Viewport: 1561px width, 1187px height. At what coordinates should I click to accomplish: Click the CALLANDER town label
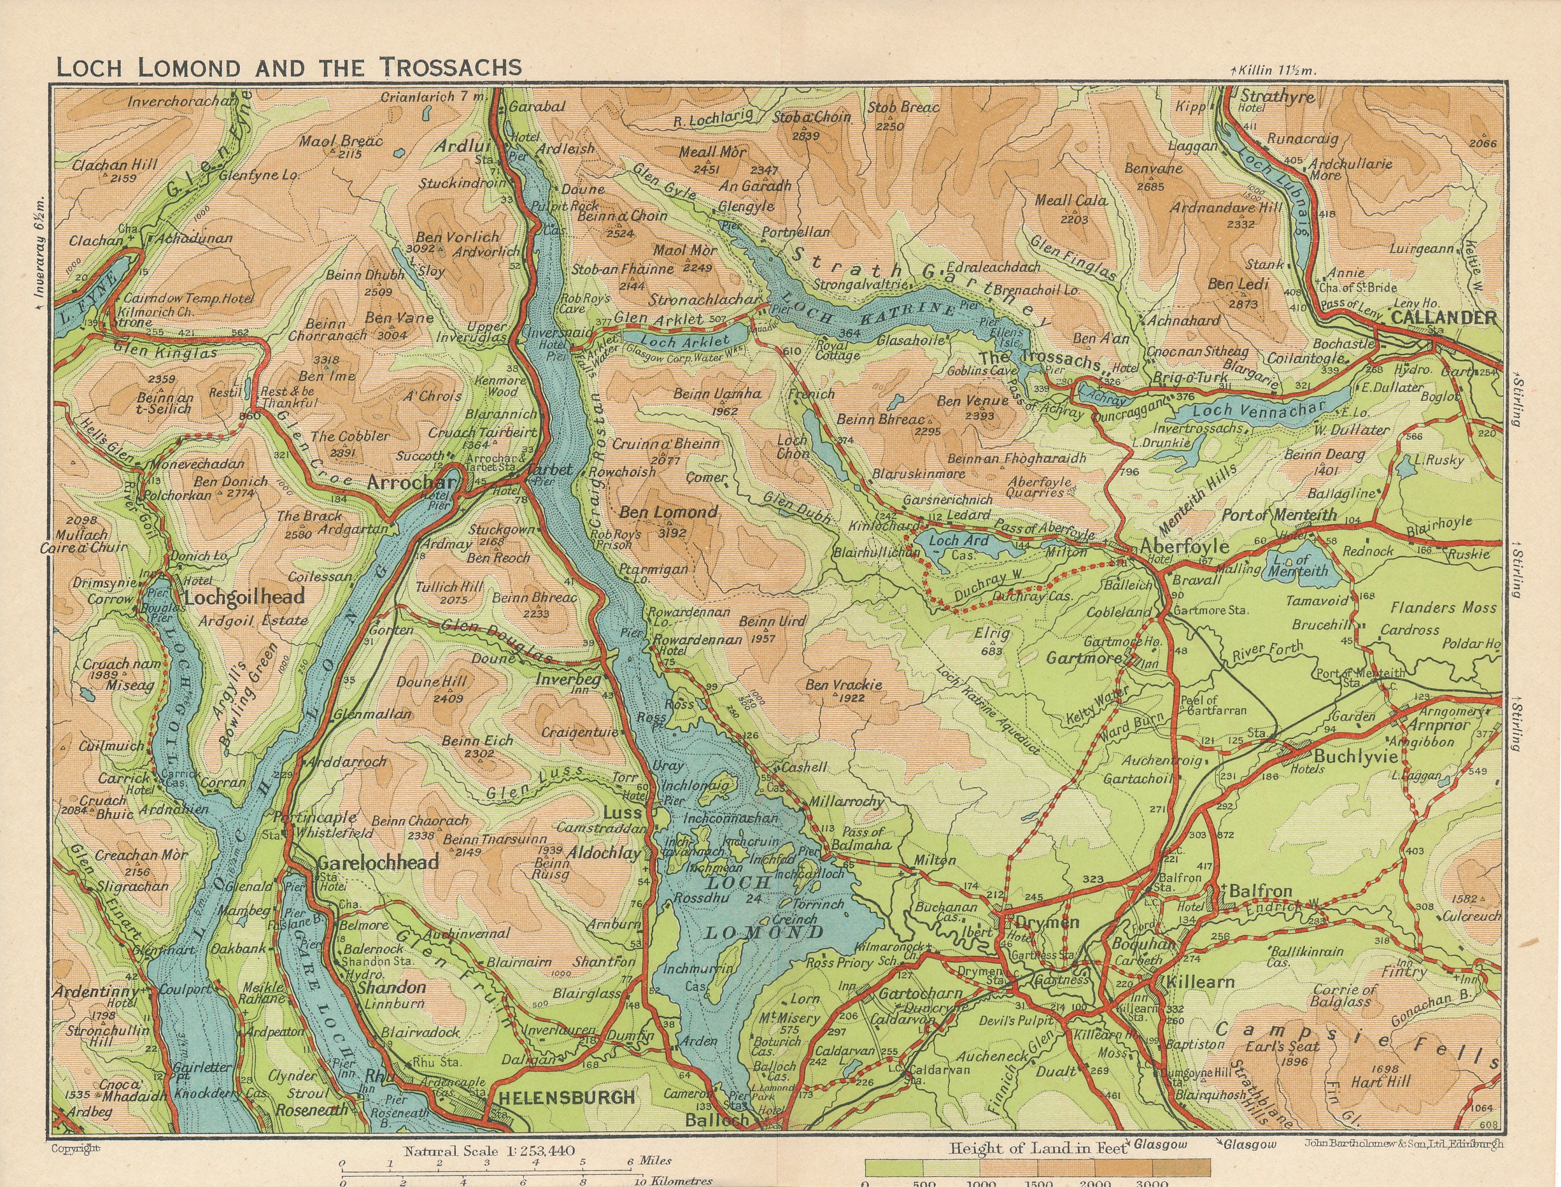1443,317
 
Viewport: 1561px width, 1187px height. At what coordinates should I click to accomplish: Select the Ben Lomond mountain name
668,512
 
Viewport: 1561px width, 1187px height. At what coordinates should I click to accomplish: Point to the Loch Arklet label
684,342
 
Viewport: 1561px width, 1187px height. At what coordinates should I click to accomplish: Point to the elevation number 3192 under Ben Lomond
670,534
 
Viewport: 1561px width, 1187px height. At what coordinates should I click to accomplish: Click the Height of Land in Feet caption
1038,1149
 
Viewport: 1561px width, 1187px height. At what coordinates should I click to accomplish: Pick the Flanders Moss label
1443,608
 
